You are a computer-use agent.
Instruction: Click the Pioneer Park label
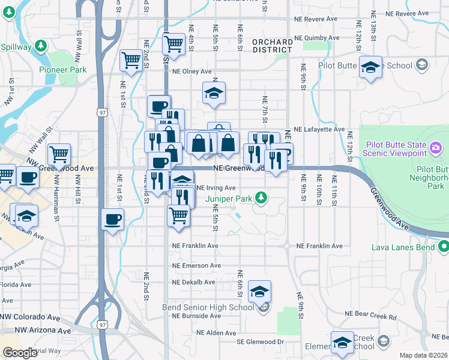pos(63,70)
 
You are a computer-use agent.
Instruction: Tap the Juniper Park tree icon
pos(261,197)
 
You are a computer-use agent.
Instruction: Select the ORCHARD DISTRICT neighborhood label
pos(273,46)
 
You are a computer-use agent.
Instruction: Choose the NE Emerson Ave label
pos(193,265)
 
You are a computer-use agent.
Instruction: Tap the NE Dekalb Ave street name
pos(193,282)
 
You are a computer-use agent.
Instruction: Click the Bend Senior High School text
pos(208,308)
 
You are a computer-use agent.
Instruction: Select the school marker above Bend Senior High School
pos(260,292)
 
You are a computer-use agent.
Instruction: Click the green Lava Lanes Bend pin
pos(444,246)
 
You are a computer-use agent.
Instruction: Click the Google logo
pos(20,353)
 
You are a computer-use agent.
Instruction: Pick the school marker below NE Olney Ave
pos(214,93)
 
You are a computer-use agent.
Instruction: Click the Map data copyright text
pos(423,355)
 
